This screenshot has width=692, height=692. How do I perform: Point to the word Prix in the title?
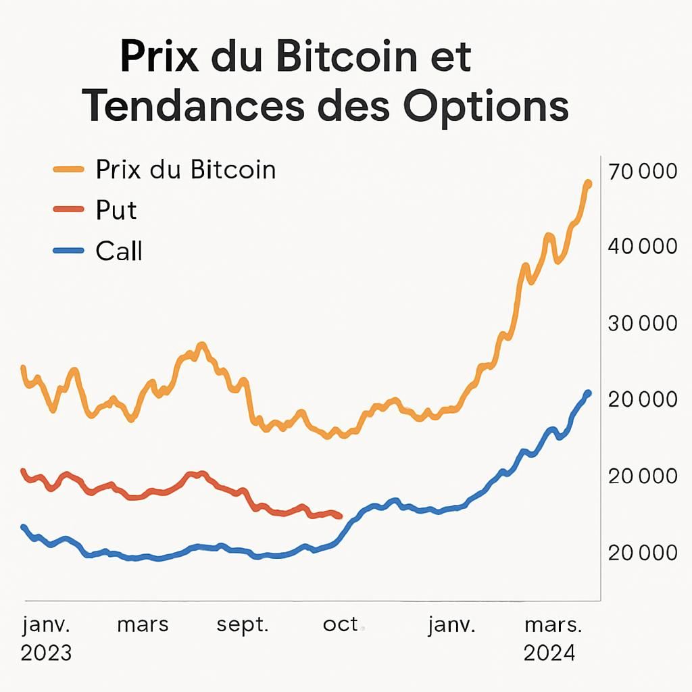point(159,57)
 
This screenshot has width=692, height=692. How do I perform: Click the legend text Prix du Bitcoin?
point(186,170)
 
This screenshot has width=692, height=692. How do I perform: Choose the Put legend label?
point(116,210)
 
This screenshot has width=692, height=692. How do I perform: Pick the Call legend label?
point(119,251)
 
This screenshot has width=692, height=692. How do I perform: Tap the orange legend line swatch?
point(68,170)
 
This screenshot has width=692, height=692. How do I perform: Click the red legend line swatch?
point(68,210)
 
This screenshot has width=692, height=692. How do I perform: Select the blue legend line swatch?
point(68,251)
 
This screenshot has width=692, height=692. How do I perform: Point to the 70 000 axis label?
point(642,172)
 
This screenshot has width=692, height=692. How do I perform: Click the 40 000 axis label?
point(642,247)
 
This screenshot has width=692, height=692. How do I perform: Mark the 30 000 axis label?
point(642,324)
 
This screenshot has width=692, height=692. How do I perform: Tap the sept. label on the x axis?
point(243,625)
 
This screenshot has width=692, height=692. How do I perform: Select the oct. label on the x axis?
point(341,625)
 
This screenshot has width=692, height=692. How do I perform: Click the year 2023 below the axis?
point(46,653)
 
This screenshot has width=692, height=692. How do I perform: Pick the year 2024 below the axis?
point(549,653)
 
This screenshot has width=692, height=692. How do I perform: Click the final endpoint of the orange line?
point(587,184)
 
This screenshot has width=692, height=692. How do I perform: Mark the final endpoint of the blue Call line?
point(587,393)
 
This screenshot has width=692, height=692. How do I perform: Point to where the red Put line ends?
point(339,516)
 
